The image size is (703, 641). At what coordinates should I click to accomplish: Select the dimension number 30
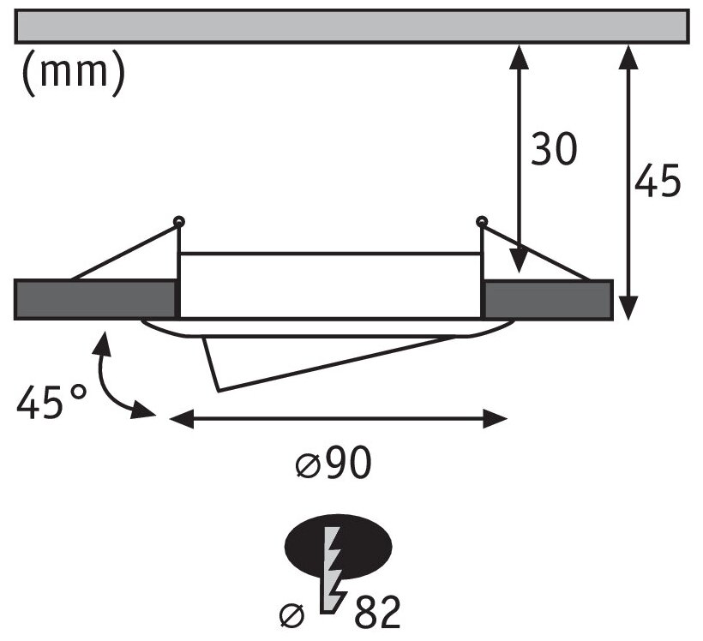[x=553, y=149]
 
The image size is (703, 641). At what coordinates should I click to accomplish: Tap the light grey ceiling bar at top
[x=351, y=26]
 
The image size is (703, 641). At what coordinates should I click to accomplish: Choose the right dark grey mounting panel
[x=548, y=299]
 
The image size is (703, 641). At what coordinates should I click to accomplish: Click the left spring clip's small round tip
[x=178, y=222]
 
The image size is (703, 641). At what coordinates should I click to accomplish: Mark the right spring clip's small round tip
[x=482, y=222]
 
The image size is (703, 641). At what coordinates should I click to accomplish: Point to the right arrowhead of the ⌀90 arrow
[x=498, y=419]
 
